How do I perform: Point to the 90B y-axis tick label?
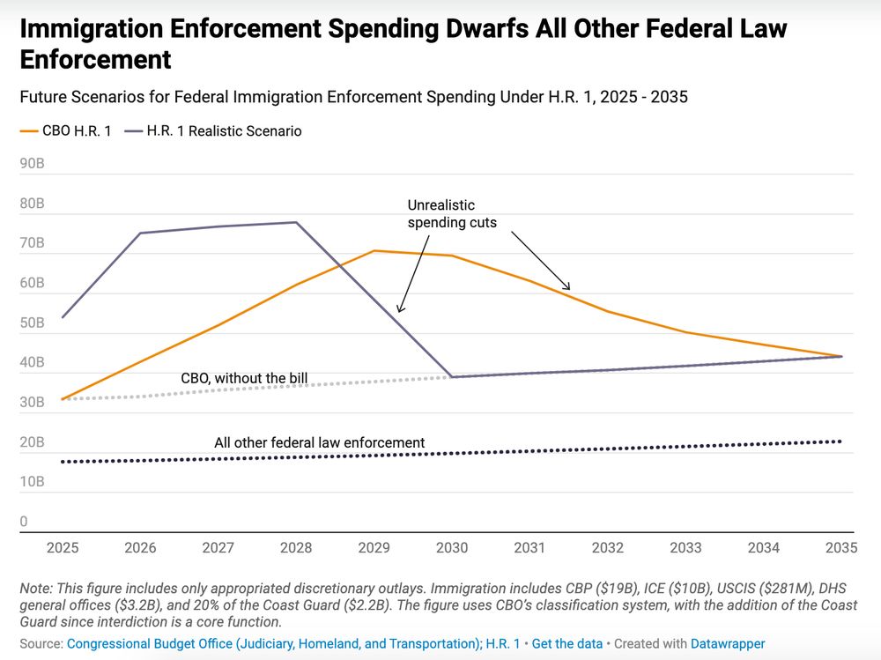click(32, 164)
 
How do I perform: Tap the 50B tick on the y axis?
click(32, 323)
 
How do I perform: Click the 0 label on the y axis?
click(24, 522)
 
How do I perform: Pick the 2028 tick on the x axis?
click(296, 548)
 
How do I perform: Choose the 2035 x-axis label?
click(841, 548)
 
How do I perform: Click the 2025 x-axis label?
click(63, 548)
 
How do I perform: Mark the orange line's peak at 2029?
click(374, 251)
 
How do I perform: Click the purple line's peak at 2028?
click(296, 222)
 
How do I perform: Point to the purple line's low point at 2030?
click(452, 377)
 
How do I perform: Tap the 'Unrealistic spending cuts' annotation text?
click(452, 214)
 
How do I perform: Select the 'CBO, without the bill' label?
click(244, 379)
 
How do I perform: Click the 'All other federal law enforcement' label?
click(320, 443)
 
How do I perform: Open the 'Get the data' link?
click(567, 644)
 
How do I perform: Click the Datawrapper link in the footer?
click(728, 644)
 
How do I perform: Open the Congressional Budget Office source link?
click(273, 644)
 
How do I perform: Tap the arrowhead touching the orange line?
click(568, 287)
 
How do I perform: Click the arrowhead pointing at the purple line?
click(399, 309)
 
